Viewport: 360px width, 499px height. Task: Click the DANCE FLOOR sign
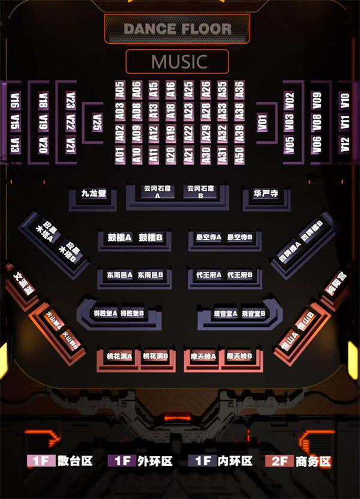pos(177,28)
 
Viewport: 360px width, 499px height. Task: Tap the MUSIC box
pos(178,62)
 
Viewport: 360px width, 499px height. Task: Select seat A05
pos(119,90)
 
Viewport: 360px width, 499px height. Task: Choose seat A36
pos(239,90)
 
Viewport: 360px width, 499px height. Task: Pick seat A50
pos(239,154)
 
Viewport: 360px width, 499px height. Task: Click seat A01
pos(119,154)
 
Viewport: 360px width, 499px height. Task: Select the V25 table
pos(97,122)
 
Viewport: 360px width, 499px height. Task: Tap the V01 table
pos(262,122)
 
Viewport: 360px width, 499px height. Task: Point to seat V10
pos(344,100)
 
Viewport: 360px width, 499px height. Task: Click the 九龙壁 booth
pos(94,193)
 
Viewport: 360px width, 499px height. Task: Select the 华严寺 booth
pos(265,193)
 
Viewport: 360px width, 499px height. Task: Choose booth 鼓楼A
pos(119,238)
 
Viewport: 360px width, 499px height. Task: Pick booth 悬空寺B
pos(240,238)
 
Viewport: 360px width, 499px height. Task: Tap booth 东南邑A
pos(119,275)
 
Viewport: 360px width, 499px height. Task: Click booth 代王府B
pos(241,275)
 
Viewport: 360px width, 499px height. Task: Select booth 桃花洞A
pos(119,356)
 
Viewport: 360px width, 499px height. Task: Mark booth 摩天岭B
pos(239,356)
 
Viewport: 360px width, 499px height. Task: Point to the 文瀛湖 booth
pos(23,283)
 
